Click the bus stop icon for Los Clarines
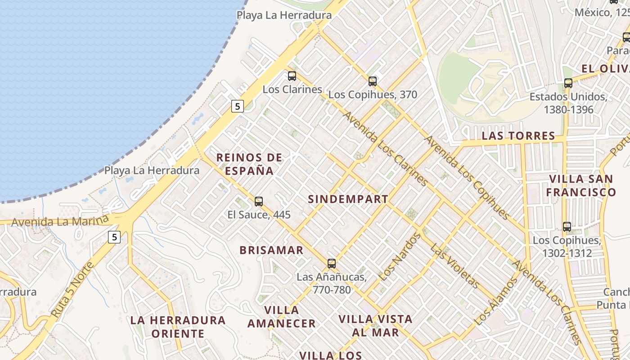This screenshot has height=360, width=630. tap(292, 76)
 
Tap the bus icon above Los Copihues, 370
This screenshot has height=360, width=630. tap(373, 81)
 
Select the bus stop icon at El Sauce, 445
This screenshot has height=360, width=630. tap(259, 201)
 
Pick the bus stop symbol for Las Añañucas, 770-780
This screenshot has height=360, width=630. tap(332, 264)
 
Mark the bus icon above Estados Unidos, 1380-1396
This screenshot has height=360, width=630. tap(568, 83)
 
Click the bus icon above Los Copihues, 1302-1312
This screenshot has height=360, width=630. tap(567, 227)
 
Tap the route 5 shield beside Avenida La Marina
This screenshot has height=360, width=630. tap(114, 237)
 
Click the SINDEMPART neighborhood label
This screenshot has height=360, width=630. tap(348, 199)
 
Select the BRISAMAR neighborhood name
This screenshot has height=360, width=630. tap(271, 250)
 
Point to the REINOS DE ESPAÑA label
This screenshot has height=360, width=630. tap(249, 164)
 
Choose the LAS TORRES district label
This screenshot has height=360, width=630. tap(518, 136)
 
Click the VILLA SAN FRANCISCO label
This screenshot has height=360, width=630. tap(581, 185)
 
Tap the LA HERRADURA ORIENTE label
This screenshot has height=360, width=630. tap(178, 327)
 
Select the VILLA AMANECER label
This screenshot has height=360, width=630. tap(282, 317)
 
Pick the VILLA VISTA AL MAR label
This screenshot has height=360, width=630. tap(375, 326)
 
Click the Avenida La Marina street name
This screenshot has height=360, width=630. tap(60, 221)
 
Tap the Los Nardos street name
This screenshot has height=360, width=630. tap(399, 257)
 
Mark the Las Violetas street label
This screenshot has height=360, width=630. tap(454, 265)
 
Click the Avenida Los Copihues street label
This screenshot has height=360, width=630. tap(468, 178)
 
